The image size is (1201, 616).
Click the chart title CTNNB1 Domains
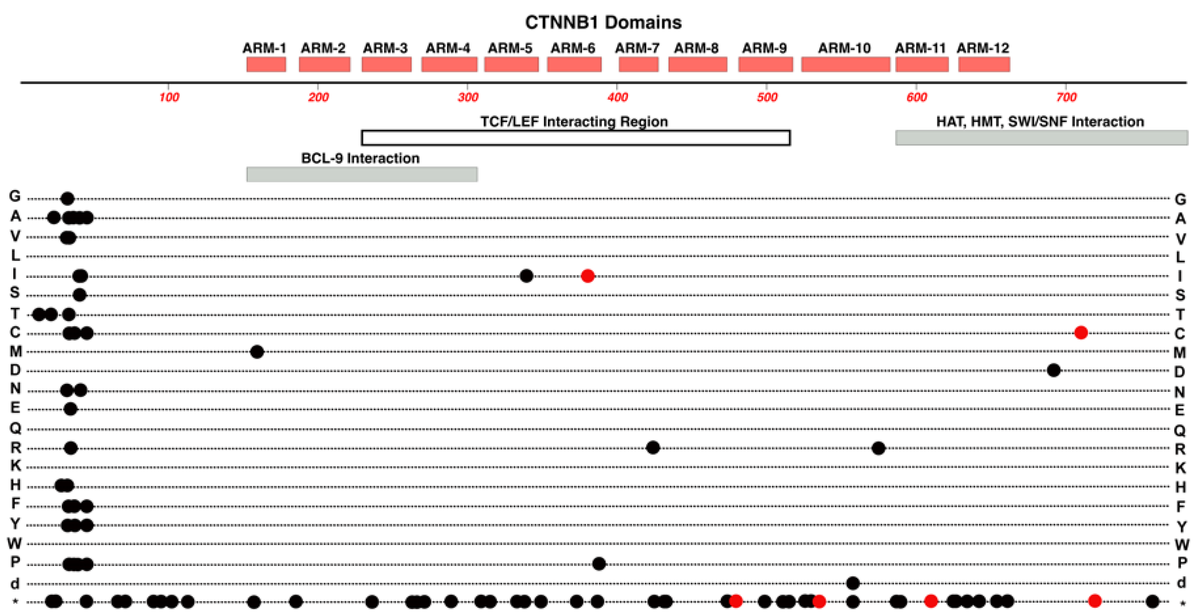(x=603, y=22)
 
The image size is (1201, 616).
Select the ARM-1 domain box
(x=266, y=64)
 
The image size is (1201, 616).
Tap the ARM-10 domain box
(x=845, y=64)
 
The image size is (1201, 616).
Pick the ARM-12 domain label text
(x=983, y=48)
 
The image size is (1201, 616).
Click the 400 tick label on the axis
(x=617, y=97)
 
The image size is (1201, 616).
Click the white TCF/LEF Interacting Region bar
(x=575, y=138)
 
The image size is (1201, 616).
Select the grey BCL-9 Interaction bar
(x=362, y=174)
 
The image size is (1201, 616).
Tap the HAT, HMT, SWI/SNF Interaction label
(x=1040, y=122)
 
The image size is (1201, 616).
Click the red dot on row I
(x=588, y=276)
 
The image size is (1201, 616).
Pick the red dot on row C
(x=1081, y=332)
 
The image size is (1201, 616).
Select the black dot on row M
(x=257, y=351)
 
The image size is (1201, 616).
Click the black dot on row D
(x=1054, y=370)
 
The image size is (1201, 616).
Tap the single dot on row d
(x=853, y=583)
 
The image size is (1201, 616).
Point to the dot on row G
(x=68, y=199)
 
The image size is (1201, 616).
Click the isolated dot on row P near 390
(x=599, y=564)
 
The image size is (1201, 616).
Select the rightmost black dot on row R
(x=878, y=448)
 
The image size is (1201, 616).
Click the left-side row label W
(x=14, y=543)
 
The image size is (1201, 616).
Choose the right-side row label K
(x=1180, y=467)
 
